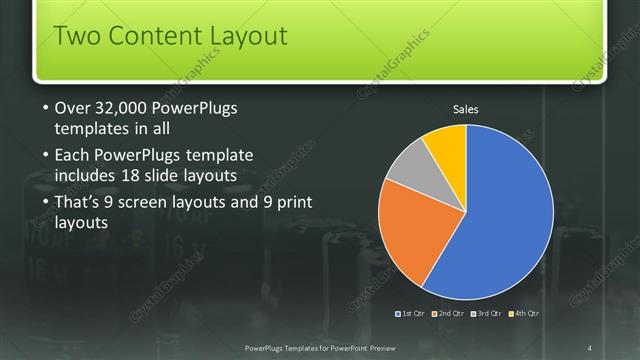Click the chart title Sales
pyautogui.click(x=466, y=108)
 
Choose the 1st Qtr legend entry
pyautogui.click(x=410, y=314)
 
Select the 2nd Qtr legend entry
pyautogui.click(x=449, y=314)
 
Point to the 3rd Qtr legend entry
pyautogui.click(x=487, y=314)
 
